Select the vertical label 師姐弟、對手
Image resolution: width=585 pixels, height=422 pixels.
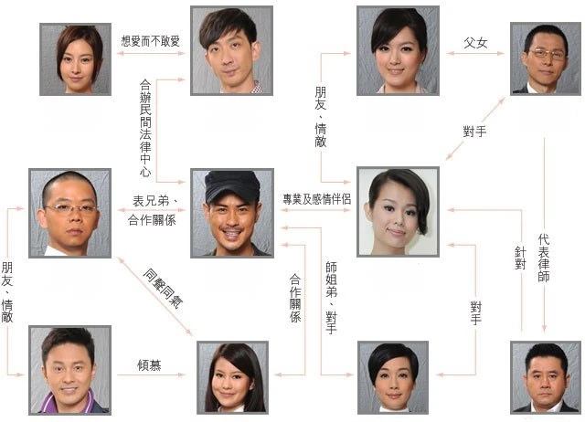[331, 297]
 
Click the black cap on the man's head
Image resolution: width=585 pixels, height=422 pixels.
[230, 186]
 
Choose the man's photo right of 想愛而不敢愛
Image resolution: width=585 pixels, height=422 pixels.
[230, 49]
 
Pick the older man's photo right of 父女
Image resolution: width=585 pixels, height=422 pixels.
[545, 58]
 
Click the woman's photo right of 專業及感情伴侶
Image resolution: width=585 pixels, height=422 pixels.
[397, 211]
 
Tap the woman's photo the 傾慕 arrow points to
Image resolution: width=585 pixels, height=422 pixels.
[232, 375]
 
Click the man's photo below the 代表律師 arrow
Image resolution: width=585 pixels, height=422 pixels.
[546, 376]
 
